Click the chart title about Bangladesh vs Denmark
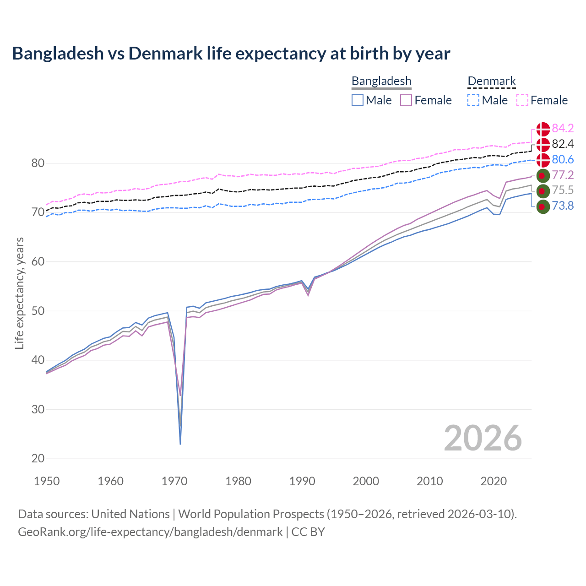(x=231, y=54)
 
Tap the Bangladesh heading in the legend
(x=381, y=81)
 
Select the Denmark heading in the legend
(x=492, y=81)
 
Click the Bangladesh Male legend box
(x=358, y=100)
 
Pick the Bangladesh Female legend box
(x=407, y=100)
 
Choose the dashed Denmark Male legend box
(x=473, y=100)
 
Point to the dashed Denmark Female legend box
(x=522, y=100)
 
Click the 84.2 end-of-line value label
(x=563, y=128)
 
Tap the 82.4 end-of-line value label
(x=563, y=144)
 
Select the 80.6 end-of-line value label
(x=563, y=159)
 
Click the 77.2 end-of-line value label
(x=563, y=175)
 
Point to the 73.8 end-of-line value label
(x=563, y=206)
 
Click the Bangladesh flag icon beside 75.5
(x=543, y=190)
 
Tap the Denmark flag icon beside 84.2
(x=543, y=129)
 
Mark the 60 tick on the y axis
(x=38, y=262)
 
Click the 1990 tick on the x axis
(x=302, y=481)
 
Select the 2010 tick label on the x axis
(x=429, y=481)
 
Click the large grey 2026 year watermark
(x=483, y=438)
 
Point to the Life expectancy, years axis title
(x=19, y=293)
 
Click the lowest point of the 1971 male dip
(x=180, y=444)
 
